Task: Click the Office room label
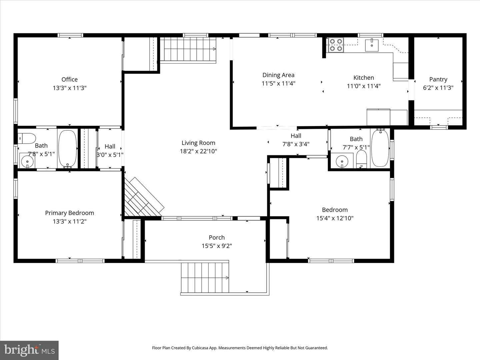click(x=69, y=79)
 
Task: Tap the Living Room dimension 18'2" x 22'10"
click(x=198, y=151)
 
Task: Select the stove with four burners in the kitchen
click(x=336, y=45)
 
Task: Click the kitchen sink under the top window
click(x=372, y=45)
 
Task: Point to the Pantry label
click(x=438, y=79)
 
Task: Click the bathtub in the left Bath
click(x=68, y=149)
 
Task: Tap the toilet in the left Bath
click(x=27, y=137)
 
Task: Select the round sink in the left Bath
click(x=27, y=162)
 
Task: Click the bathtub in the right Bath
click(x=380, y=148)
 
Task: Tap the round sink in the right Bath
click(x=342, y=162)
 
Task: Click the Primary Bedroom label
click(x=69, y=213)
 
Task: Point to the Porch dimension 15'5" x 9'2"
click(x=217, y=246)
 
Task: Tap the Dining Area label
click(x=278, y=75)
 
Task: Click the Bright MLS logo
click(x=29, y=350)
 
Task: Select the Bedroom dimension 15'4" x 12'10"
click(x=335, y=218)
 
